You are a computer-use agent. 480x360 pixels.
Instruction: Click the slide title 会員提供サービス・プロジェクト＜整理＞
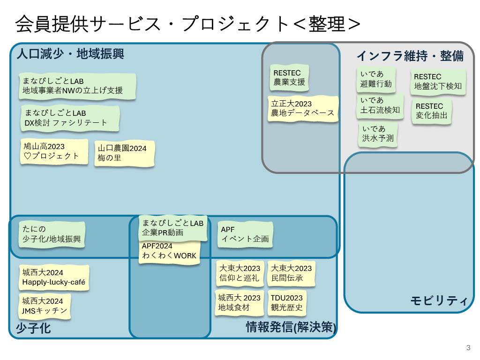(187, 24)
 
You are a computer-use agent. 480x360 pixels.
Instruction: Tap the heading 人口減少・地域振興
(70, 54)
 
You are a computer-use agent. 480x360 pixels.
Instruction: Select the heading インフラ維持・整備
(410, 56)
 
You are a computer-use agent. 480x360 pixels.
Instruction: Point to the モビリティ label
(439, 300)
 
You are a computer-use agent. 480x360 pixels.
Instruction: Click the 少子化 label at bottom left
(33, 328)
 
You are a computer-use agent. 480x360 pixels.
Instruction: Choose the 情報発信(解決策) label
(291, 327)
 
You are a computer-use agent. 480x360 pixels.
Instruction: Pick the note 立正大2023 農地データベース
(303, 109)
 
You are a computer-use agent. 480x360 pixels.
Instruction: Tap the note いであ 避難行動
(376, 79)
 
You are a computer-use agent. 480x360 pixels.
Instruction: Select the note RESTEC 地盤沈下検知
(438, 82)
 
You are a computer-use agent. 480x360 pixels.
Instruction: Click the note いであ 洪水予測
(378, 134)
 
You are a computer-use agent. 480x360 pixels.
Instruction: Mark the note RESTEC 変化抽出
(432, 111)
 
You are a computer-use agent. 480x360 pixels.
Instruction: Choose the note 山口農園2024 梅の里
(124, 153)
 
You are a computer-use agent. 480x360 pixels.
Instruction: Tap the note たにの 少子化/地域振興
(52, 234)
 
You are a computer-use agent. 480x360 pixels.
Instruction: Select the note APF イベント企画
(245, 234)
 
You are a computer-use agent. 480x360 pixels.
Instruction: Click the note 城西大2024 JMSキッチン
(45, 306)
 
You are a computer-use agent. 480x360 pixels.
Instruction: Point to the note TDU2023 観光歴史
(286, 303)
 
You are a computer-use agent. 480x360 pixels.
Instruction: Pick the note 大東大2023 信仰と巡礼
(240, 273)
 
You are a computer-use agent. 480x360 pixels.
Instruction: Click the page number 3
(468, 348)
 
